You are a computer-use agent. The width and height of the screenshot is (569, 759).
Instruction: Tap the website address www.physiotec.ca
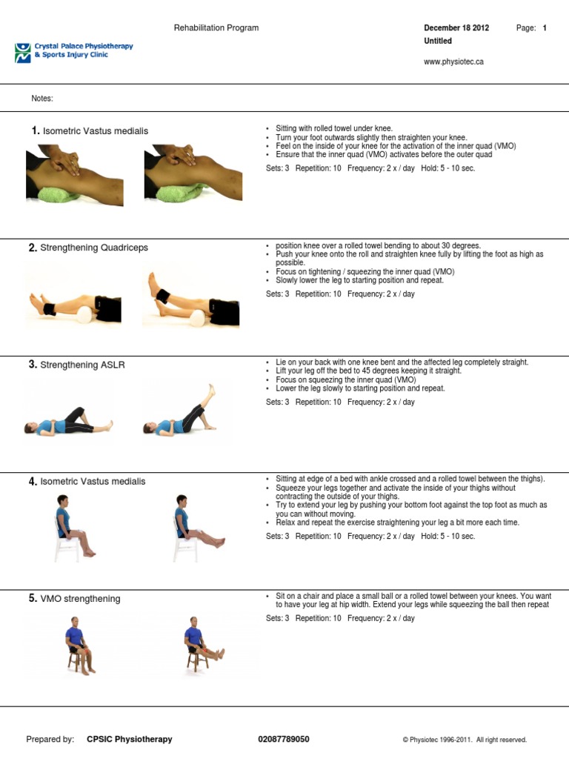point(453,62)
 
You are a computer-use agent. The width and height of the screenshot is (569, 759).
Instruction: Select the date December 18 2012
point(456,28)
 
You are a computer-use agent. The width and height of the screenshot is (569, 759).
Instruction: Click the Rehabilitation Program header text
point(216,28)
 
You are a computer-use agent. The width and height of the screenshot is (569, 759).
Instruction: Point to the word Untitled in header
point(438,42)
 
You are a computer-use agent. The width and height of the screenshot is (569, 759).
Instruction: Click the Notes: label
point(42,99)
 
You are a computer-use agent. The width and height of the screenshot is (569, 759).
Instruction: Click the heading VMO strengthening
point(80,598)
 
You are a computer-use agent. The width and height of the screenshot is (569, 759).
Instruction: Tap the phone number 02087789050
point(284,739)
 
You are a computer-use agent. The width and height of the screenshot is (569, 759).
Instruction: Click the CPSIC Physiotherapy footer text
point(130,739)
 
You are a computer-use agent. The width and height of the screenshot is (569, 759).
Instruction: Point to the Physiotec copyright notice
point(465,740)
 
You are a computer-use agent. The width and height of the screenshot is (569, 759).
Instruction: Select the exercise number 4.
point(33,482)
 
